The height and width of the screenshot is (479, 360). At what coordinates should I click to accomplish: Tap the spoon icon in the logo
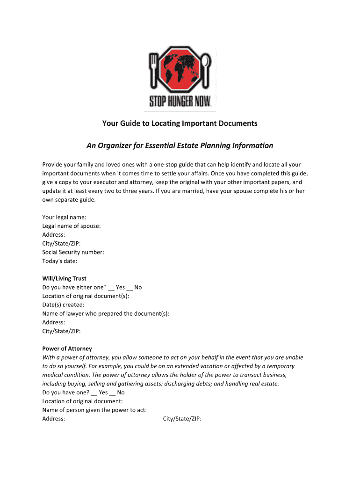click(x=206, y=70)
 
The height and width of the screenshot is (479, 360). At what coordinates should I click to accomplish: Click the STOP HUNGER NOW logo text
click(x=180, y=101)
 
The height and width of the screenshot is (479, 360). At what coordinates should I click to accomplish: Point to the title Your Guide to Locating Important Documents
click(x=180, y=123)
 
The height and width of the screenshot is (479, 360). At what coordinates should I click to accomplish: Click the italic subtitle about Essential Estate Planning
click(x=180, y=145)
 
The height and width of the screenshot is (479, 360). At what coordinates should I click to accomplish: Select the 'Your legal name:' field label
click(x=64, y=217)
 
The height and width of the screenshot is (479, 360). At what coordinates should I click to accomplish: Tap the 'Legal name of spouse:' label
click(x=72, y=226)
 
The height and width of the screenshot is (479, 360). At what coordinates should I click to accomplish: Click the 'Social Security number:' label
click(x=73, y=252)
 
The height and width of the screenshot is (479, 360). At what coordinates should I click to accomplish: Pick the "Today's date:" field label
click(x=60, y=261)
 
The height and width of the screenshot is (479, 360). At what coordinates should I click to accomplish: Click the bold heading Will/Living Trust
click(x=64, y=278)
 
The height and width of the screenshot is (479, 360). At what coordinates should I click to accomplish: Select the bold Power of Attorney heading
click(x=67, y=348)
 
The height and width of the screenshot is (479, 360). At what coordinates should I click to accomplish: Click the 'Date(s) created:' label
click(x=63, y=305)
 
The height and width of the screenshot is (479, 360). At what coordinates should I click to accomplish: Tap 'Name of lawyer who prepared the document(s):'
click(x=106, y=313)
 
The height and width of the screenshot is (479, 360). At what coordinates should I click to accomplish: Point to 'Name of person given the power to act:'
click(x=94, y=410)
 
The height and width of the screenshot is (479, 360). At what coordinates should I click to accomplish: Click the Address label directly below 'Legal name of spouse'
click(x=54, y=235)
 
